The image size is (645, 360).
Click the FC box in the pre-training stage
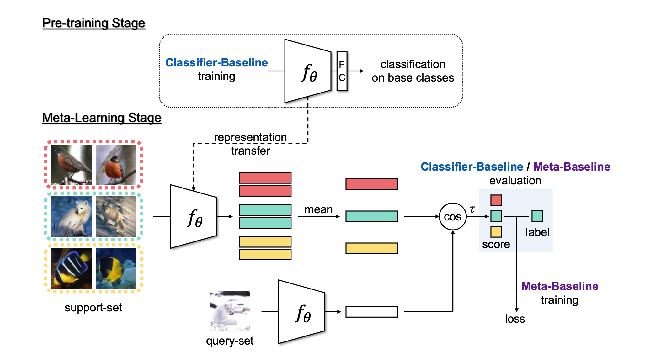(342, 71)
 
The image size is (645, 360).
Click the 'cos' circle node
(453, 216)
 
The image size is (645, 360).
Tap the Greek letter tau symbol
(472, 209)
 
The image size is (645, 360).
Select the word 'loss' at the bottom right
(515, 319)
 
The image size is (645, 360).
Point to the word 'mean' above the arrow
(318, 209)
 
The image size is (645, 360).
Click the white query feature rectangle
(372, 312)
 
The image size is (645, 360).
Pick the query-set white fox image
(230, 311)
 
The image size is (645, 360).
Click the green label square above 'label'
(537, 216)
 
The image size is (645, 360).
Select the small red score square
(496, 200)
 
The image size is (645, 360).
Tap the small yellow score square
(496, 232)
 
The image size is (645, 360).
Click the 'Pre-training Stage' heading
(93, 23)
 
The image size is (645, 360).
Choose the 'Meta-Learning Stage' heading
(102, 118)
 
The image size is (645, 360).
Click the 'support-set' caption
(93, 308)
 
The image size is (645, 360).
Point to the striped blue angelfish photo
(72, 268)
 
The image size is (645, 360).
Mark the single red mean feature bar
(372, 184)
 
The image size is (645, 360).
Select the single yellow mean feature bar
(372, 248)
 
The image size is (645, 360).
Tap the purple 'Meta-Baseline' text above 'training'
(560, 286)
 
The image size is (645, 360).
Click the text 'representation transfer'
(250, 144)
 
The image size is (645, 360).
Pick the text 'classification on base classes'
(413, 71)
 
